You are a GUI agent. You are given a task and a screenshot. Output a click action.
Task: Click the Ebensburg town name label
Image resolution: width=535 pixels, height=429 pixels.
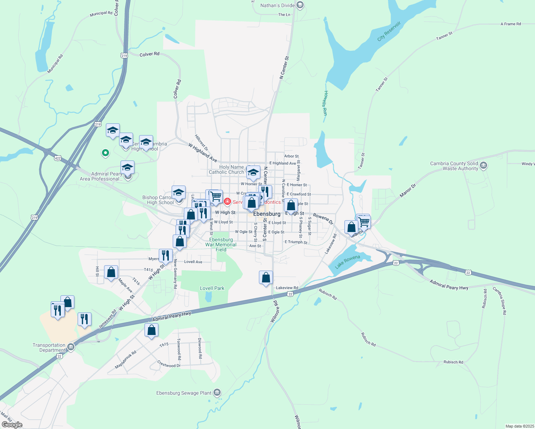tap(267, 214)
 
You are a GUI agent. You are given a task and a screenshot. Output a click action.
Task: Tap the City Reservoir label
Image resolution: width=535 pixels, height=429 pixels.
tap(389, 31)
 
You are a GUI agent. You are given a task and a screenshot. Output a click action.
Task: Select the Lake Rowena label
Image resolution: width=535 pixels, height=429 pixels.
tap(347, 262)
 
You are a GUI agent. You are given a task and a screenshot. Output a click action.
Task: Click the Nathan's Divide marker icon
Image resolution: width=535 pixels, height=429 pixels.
tap(300, 5)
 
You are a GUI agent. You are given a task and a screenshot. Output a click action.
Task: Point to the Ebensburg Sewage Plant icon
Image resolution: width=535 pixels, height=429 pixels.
tap(217, 393)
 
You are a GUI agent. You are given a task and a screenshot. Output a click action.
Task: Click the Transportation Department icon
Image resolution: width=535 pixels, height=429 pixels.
tap(71, 346)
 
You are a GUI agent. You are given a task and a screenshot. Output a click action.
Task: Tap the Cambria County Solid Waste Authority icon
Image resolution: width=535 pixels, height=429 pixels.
tap(484, 166)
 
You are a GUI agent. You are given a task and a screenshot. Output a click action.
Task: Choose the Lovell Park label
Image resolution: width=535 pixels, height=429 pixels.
tap(212, 288)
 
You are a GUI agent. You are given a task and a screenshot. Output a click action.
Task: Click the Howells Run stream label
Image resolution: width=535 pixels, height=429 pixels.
tap(325, 103)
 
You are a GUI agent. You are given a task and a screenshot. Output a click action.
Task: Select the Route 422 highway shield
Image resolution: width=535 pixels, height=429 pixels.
tap(58, 158)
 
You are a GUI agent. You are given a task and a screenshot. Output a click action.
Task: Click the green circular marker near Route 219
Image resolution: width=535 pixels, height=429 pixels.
tap(105, 153)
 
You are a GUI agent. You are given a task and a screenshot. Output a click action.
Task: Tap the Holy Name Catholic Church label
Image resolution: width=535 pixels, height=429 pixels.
tap(226, 169)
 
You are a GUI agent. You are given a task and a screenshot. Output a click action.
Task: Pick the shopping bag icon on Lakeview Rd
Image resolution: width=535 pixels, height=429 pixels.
tap(266, 277)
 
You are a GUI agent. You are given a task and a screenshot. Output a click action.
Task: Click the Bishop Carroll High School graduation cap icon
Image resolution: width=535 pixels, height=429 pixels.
tap(178, 193)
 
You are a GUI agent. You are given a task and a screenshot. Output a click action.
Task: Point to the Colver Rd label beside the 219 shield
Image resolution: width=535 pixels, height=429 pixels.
tap(149, 54)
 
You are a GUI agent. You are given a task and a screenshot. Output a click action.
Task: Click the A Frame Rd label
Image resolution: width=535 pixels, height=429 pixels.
tap(510, 24)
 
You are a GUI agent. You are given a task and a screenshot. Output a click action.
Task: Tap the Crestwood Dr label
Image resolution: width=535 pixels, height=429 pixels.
tap(169, 364)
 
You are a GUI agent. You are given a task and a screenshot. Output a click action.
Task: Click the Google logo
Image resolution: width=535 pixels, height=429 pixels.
tap(12, 425)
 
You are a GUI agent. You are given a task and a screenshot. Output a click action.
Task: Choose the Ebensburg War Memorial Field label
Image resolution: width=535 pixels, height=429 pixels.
tap(221, 245)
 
